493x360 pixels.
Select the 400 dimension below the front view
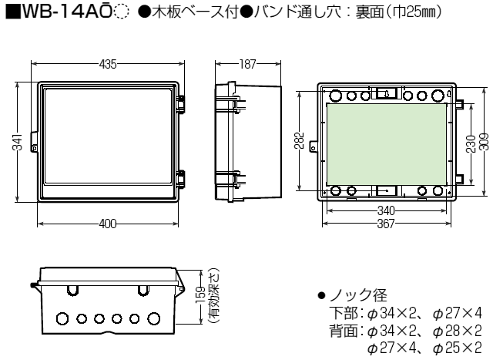click(x=108, y=224)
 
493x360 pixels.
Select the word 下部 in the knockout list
click(x=344, y=313)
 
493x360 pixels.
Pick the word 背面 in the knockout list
click(x=344, y=330)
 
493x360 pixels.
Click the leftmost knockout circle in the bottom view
click(x=62, y=318)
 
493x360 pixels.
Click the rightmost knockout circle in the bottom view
click(x=154, y=318)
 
